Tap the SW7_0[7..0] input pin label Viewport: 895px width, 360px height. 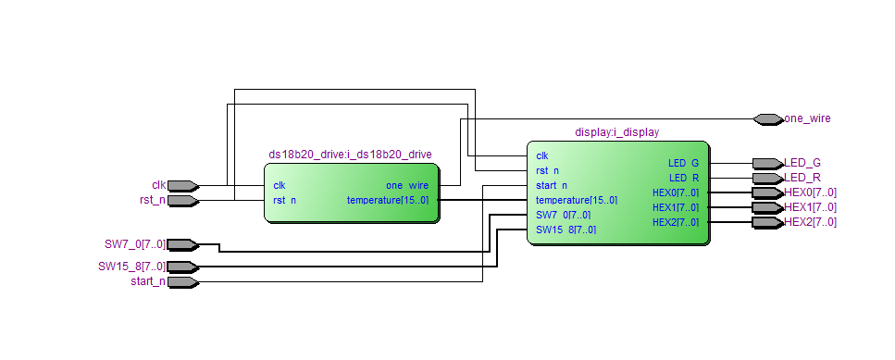tap(135, 244)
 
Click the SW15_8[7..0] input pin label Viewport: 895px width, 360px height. tap(131, 267)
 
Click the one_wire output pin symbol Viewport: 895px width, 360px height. tap(767, 118)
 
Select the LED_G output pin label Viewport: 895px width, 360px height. tap(802, 163)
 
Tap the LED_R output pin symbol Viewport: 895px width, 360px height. tap(767, 178)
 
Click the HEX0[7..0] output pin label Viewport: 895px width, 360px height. tap(810, 192)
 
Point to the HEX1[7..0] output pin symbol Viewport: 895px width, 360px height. tap(767, 207)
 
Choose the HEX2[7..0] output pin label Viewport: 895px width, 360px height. tap(810, 222)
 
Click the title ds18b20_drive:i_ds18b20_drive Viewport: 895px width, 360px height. tap(350, 154)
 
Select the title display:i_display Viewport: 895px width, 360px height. tap(617, 132)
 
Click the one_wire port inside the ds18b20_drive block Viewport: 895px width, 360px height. tap(406, 185)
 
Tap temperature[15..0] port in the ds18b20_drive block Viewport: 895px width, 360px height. tap(388, 200)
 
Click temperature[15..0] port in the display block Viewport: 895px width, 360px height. tap(576, 200)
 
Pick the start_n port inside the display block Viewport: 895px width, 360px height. tap(552, 185)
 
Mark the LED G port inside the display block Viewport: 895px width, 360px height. tap(683, 163)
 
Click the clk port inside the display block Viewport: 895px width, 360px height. tap(542, 155)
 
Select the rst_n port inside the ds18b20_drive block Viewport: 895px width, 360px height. tap(285, 200)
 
